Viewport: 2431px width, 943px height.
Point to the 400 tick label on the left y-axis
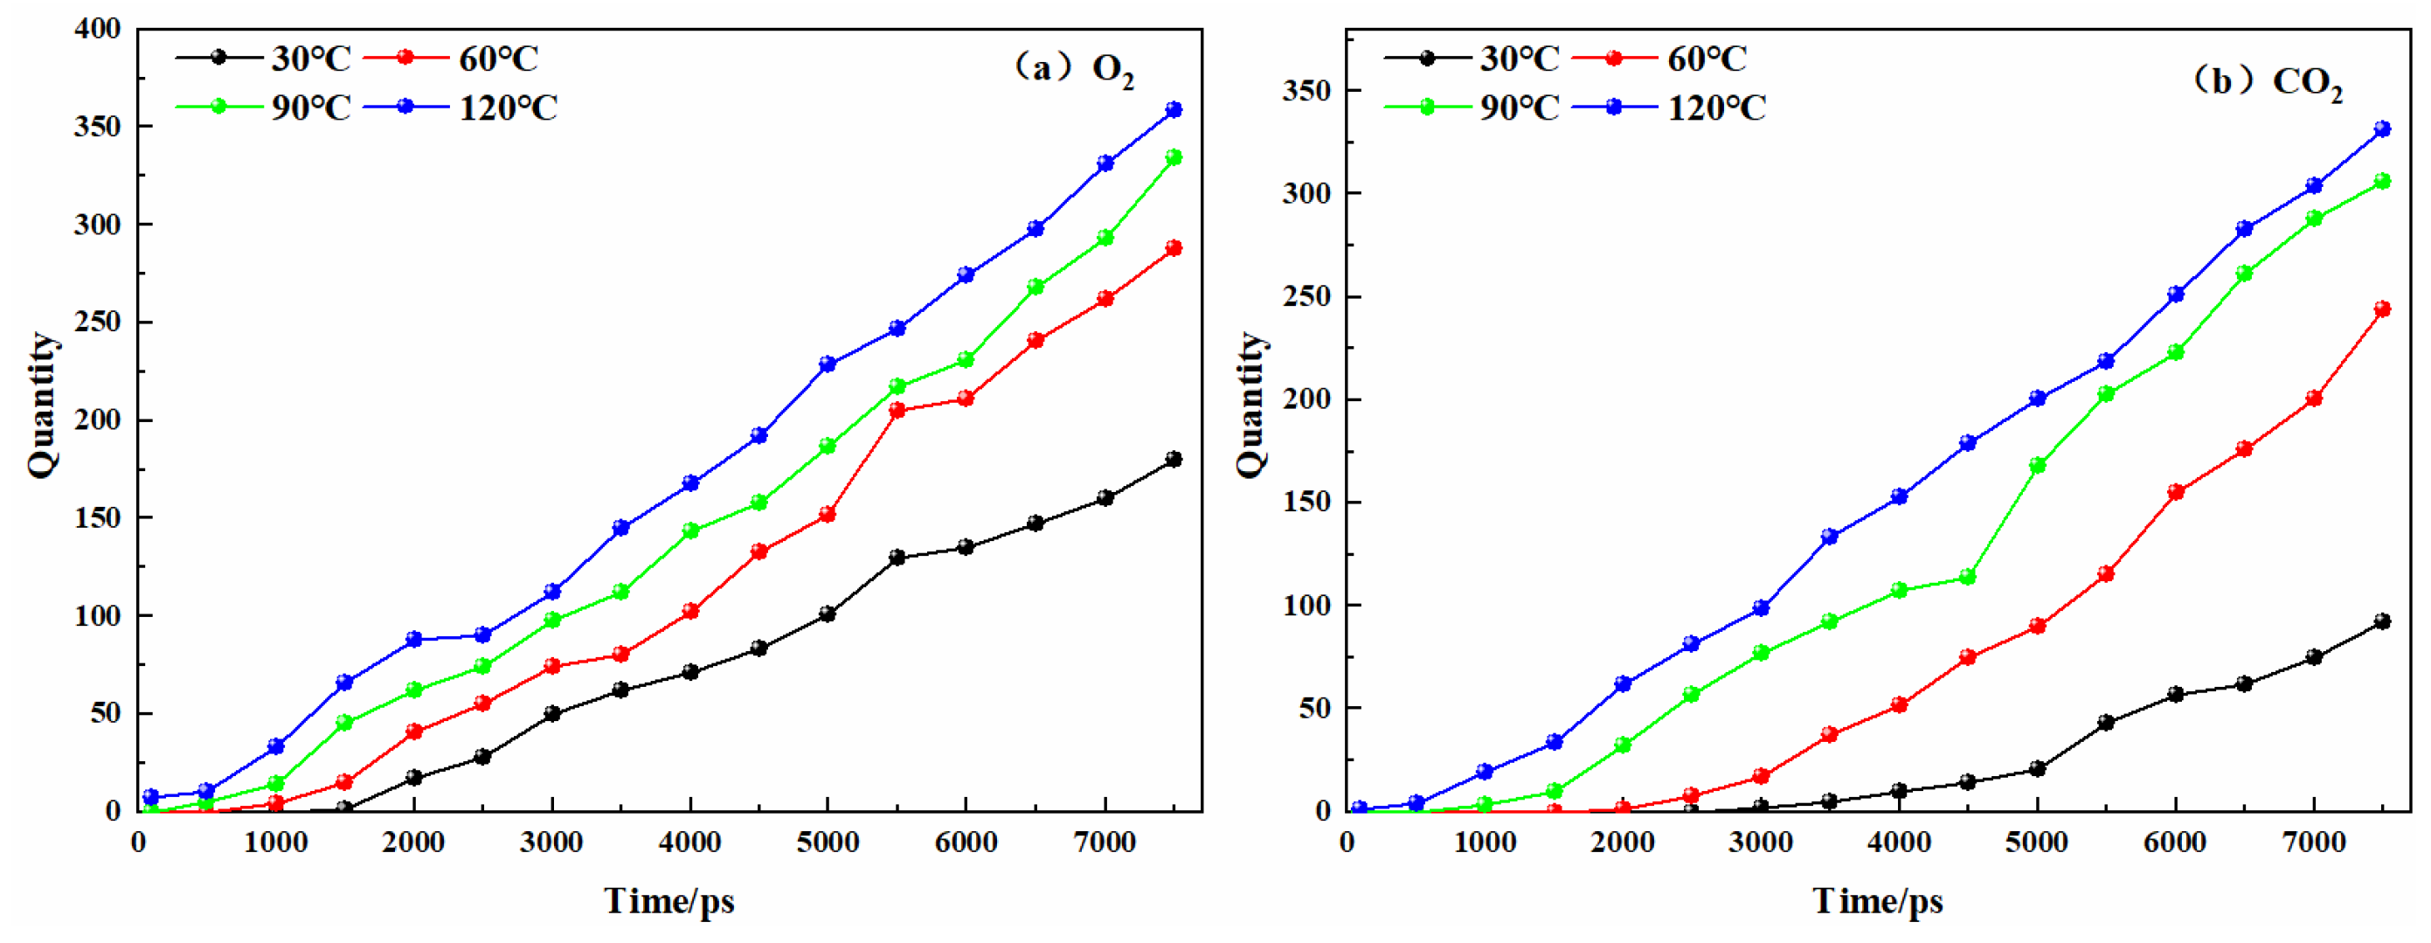pyautogui.click(x=97, y=29)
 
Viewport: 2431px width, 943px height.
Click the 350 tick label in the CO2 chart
pyautogui.click(x=1306, y=91)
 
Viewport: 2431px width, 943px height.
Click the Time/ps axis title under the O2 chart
pyautogui.click(x=669, y=900)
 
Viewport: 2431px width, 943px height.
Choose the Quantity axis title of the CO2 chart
pyautogui.click(x=1250, y=405)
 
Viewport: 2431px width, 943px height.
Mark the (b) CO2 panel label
pyautogui.click(x=2266, y=82)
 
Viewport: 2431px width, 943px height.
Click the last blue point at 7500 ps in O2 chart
pyautogui.click(x=1174, y=109)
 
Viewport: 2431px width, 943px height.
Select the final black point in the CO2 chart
pyautogui.click(x=2382, y=621)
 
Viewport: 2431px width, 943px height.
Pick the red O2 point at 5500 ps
pyautogui.click(x=897, y=411)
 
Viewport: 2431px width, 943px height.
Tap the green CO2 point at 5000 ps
pyautogui.click(x=2037, y=465)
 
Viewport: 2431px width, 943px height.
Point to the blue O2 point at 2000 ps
pyautogui.click(x=413, y=639)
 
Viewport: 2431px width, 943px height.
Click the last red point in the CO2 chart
pyautogui.click(x=2382, y=309)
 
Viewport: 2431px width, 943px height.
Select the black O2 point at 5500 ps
pyautogui.click(x=897, y=558)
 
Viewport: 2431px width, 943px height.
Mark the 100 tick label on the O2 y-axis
pyautogui.click(x=97, y=615)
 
